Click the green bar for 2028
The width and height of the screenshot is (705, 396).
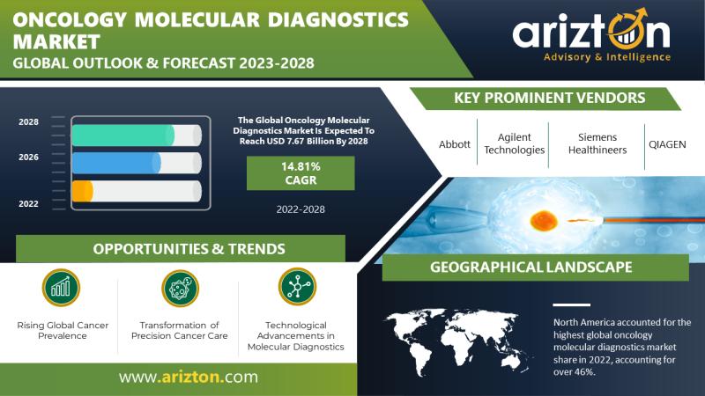[x=123, y=136]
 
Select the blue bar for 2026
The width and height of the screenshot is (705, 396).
[x=116, y=163]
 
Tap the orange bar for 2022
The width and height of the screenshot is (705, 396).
[x=83, y=191]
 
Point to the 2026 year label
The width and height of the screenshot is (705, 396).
[x=28, y=158]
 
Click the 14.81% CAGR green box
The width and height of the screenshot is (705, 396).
[x=301, y=173]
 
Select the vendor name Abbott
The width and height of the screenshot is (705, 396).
[x=455, y=144]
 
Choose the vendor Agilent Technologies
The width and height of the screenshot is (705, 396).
[x=515, y=143]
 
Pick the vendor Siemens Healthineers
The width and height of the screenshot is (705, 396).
[x=597, y=143]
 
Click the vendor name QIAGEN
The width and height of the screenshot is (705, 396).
[x=667, y=144]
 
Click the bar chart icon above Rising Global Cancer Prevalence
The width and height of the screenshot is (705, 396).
[x=61, y=288]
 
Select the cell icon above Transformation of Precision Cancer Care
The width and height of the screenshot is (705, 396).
[x=180, y=289]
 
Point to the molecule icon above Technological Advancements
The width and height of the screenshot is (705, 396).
[x=297, y=287]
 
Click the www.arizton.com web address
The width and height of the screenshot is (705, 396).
[x=189, y=377]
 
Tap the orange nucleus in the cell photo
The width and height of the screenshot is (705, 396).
[x=544, y=221]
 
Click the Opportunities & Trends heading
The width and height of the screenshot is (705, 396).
[x=189, y=249]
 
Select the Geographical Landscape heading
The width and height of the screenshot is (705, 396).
[x=531, y=268]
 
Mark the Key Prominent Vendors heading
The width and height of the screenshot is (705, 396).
[x=549, y=98]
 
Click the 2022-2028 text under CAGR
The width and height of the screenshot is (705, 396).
[x=301, y=209]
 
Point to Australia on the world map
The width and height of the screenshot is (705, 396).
[x=514, y=360]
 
